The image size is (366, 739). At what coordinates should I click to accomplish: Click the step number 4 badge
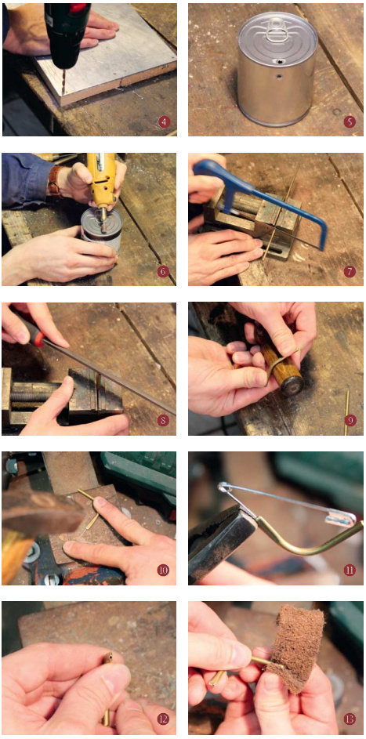164,122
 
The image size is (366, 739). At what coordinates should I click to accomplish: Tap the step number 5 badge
349,122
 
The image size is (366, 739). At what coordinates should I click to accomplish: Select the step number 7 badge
349,271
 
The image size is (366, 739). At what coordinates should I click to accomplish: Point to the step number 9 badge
349,420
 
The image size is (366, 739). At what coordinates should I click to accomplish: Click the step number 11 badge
349,570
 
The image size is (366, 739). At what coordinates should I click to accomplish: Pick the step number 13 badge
349,719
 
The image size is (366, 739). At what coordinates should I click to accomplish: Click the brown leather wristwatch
55,182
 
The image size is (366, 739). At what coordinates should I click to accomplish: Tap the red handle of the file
28,331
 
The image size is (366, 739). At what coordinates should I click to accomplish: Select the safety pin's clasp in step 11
339,517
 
